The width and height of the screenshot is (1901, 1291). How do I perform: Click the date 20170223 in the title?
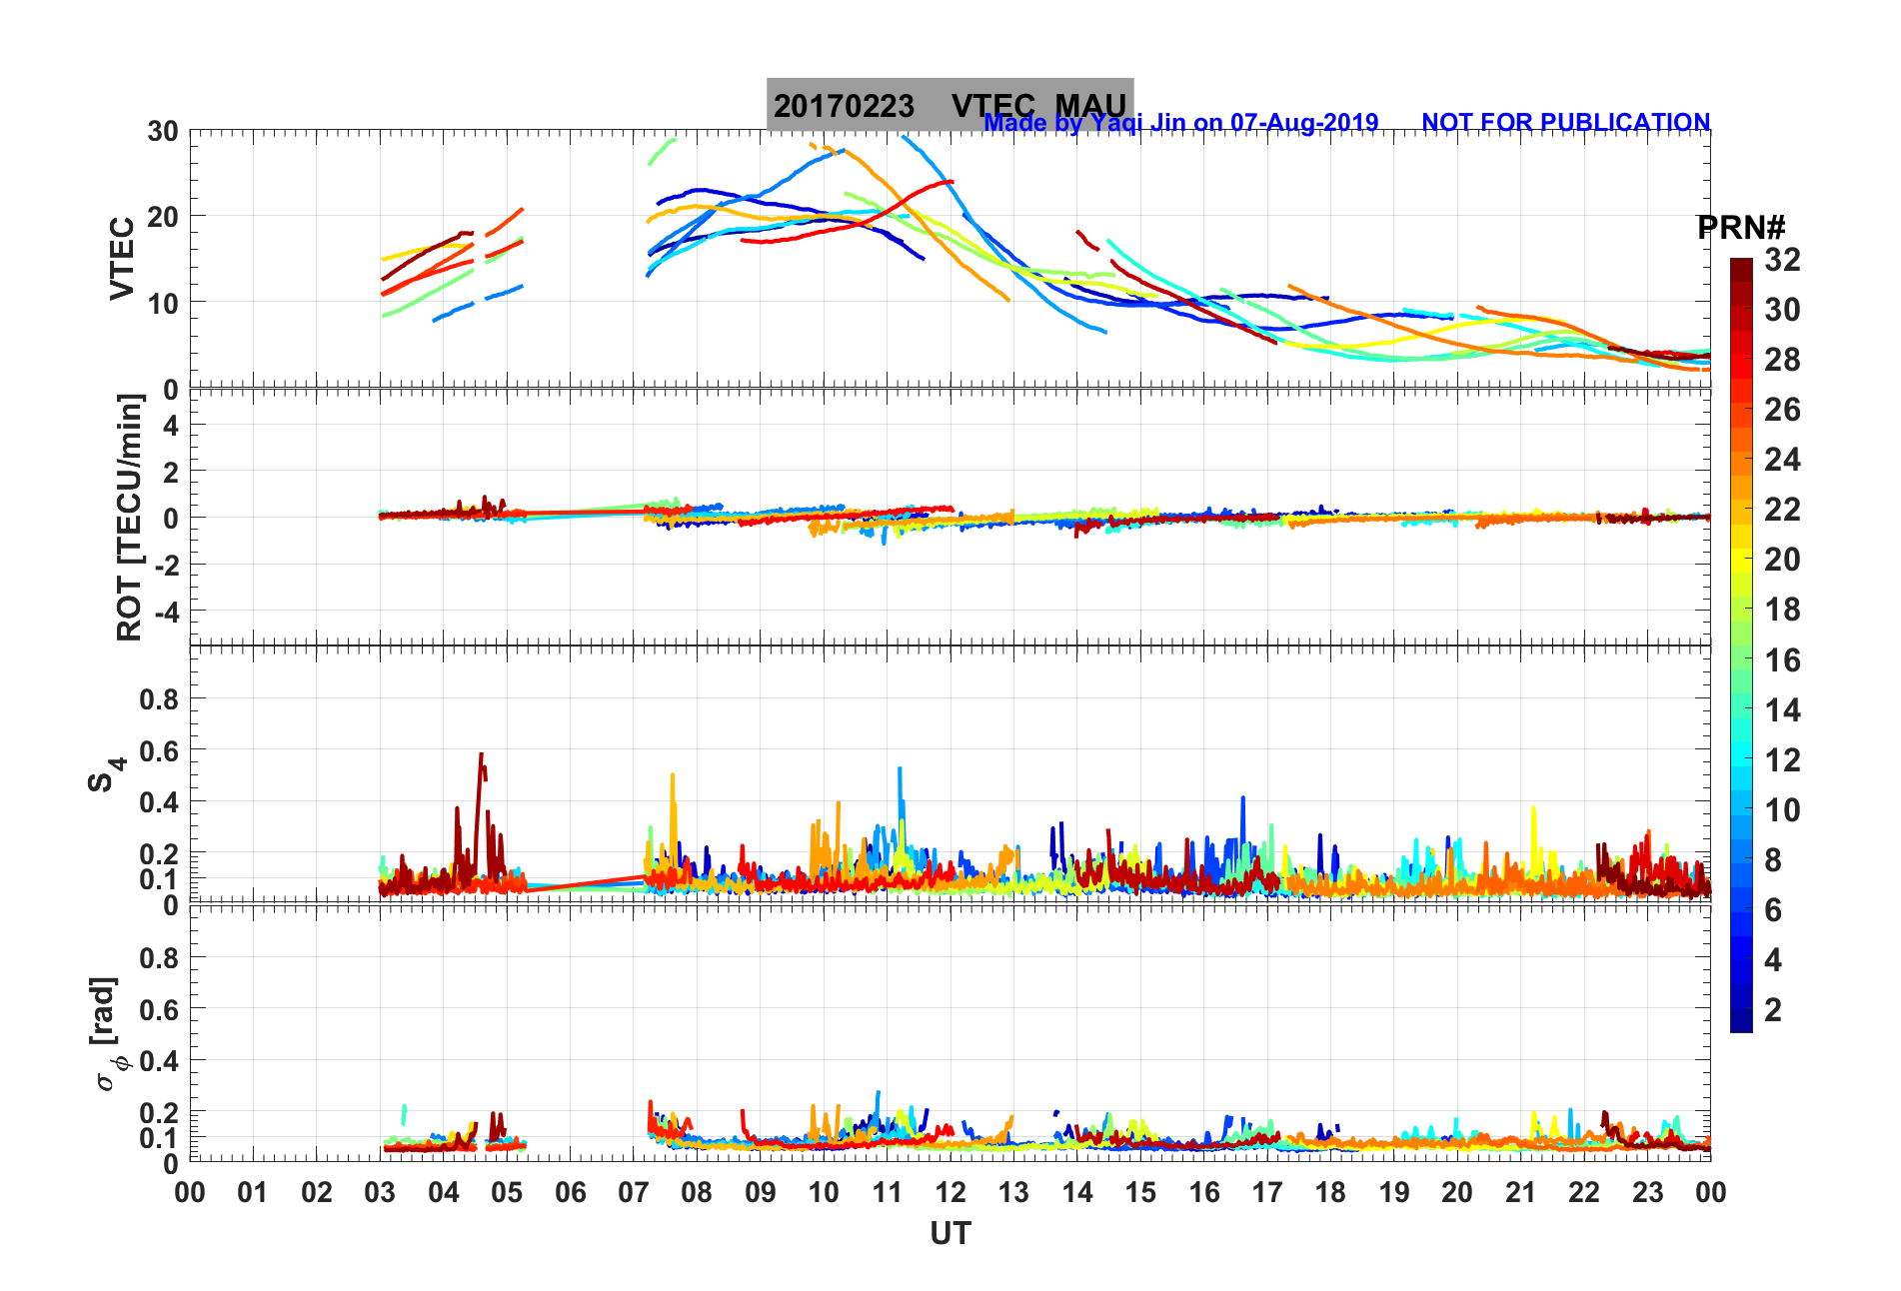pos(844,106)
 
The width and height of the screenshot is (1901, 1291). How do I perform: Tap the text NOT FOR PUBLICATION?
pos(1565,122)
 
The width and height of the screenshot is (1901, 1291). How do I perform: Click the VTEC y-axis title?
pos(122,258)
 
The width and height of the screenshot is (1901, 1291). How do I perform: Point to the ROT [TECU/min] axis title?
pos(129,517)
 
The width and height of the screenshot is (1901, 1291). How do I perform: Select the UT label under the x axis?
pos(950,1234)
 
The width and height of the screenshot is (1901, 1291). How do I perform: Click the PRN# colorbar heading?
pos(1741,228)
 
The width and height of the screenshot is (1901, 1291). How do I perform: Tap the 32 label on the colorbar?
pos(1782,260)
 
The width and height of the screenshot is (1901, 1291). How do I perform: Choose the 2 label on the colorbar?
pos(1773,1009)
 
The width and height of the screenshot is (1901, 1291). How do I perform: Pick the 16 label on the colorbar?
pos(1782,659)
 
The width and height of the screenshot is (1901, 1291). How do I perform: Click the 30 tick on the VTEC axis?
pos(163,131)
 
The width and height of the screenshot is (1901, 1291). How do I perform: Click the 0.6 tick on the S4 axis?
pos(158,750)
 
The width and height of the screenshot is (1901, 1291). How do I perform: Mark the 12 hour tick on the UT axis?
pos(950,1192)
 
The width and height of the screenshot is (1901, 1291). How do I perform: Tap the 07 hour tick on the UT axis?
pos(633,1192)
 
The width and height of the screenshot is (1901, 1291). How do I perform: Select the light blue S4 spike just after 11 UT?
pos(900,769)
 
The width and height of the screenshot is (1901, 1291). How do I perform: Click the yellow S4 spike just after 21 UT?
pos(1533,809)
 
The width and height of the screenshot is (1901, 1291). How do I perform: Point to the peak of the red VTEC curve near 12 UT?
pos(949,182)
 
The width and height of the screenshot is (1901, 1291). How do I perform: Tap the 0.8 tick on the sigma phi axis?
pos(158,957)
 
